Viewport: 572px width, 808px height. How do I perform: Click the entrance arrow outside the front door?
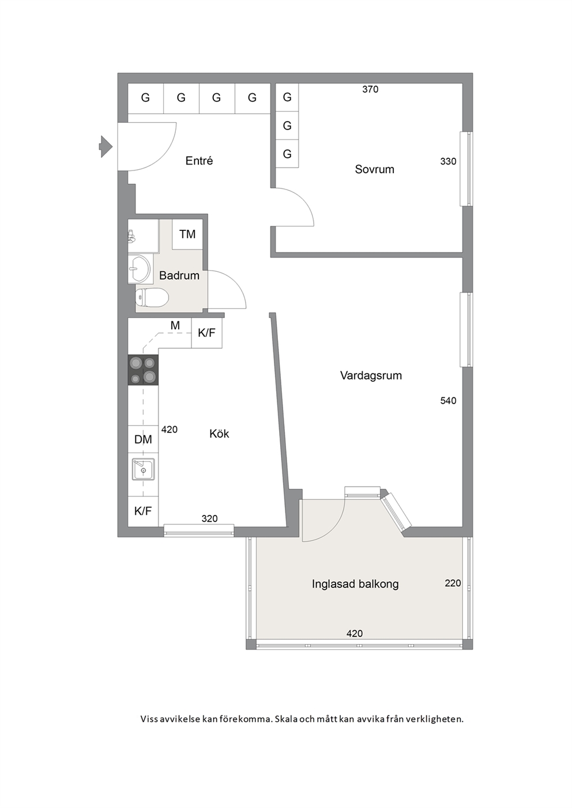pos(106,146)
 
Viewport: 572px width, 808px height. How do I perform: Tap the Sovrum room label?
pos(374,169)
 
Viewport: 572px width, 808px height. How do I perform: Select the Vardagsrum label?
pos(371,375)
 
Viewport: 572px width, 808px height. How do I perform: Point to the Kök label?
pos(219,433)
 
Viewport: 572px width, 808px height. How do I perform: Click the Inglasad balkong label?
pos(355,584)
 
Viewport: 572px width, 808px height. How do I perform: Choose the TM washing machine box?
pos(187,234)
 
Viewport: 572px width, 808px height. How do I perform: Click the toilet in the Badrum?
pos(152,298)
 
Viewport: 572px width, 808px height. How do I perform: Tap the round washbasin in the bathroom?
pos(140,269)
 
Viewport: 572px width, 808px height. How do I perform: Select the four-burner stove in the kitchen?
pos(144,370)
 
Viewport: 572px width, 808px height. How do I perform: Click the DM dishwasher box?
pos(144,439)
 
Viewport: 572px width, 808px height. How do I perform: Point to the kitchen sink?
pos(144,469)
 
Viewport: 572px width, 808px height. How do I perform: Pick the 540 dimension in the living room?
pos(448,400)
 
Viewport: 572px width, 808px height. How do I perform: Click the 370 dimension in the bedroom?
pos(370,89)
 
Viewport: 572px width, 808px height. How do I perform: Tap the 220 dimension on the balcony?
pos(453,583)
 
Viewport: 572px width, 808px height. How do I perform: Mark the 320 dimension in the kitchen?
pos(209,519)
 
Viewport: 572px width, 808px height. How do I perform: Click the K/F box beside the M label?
pos(206,332)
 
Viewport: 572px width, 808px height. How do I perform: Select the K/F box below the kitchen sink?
pos(144,511)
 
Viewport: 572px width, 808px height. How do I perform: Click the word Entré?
pos(199,161)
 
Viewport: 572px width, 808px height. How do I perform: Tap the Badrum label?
pos(179,276)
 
